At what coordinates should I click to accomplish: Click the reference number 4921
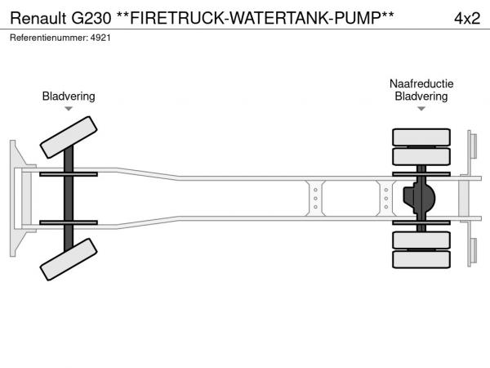[x=100, y=38]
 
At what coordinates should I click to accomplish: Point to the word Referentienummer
[x=47, y=38]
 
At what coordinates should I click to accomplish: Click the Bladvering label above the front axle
[x=69, y=96]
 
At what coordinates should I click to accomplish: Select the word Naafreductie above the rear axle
[x=421, y=84]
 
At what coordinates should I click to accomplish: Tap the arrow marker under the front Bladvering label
[x=69, y=109]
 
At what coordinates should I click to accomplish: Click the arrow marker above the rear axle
[x=421, y=109]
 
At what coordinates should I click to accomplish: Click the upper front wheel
[x=68, y=137]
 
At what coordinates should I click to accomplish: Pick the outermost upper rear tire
[x=421, y=136]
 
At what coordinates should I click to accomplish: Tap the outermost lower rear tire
[x=421, y=259]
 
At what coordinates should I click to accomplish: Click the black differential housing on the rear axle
[x=421, y=198]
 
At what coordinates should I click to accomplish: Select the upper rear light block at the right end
[x=473, y=146]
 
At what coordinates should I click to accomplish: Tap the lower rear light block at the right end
[x=473, y=250]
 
